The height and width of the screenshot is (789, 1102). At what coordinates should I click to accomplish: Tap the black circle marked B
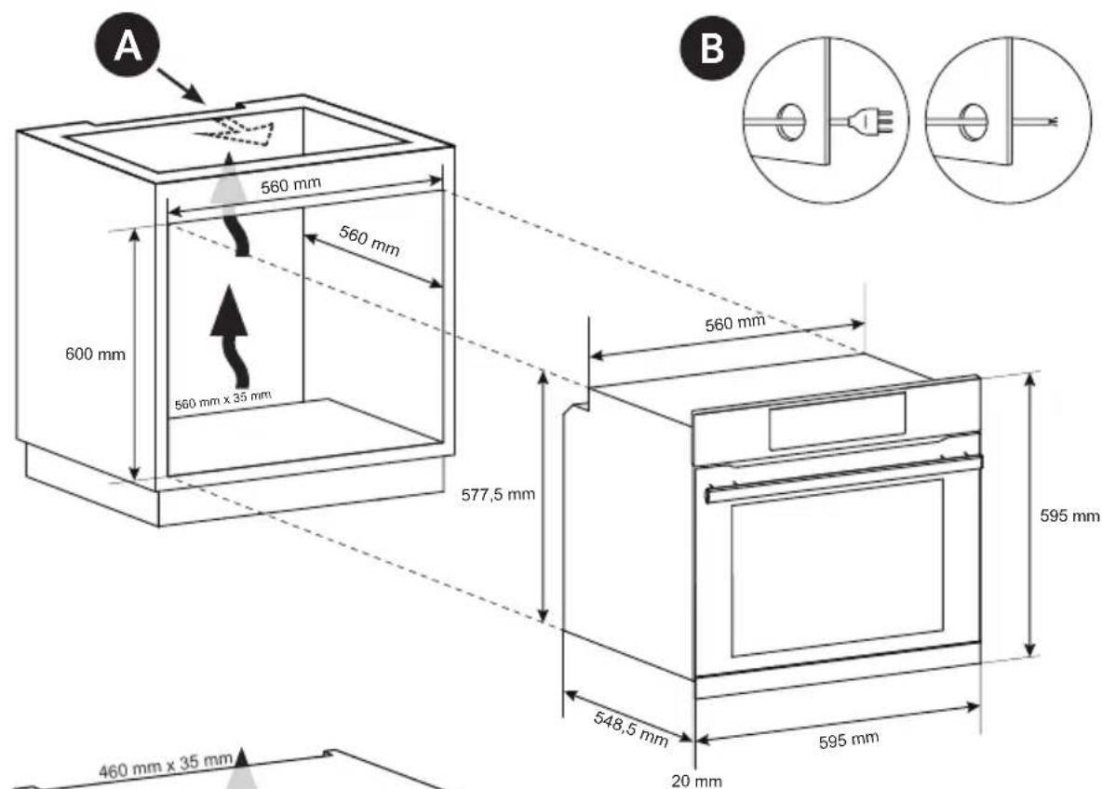pos(712,48)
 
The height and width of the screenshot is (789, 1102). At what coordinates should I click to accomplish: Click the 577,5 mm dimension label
pos(499,493)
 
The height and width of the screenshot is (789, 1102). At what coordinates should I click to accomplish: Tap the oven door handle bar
pos(842,475)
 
